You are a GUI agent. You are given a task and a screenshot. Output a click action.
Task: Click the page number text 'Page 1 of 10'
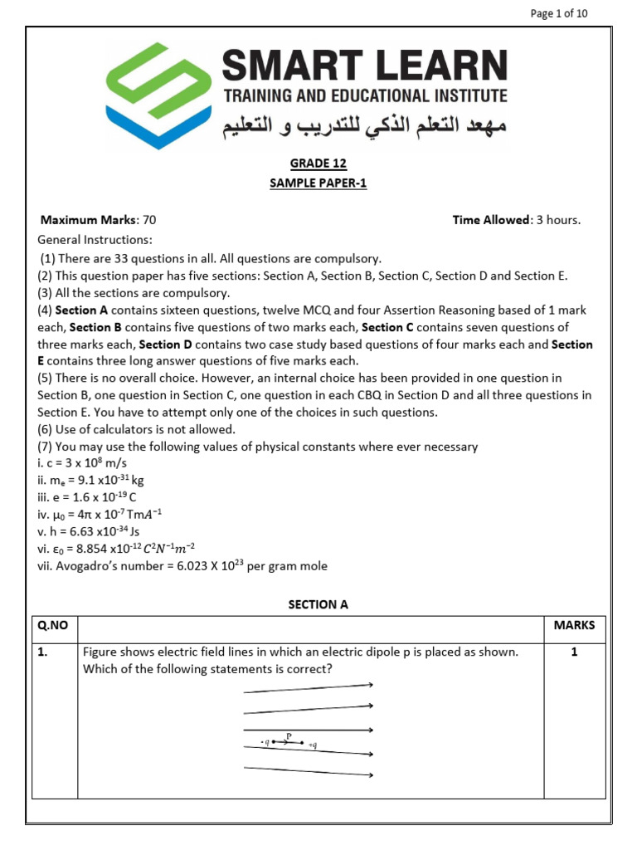(x=557, y=13)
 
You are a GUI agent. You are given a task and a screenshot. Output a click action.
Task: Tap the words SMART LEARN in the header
(x=365, y=65)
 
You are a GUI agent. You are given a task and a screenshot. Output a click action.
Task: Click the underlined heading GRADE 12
(x=318, y=164)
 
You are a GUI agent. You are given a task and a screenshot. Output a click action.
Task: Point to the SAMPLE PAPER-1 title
(x=318, y=183)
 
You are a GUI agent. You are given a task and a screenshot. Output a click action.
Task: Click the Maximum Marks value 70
(x=149, y=220)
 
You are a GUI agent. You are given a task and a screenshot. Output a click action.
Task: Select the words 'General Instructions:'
(x=95, y=239)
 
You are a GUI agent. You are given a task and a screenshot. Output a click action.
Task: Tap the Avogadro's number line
(x=182, y=566)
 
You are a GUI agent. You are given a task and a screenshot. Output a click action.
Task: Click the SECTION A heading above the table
(x=318, y=604)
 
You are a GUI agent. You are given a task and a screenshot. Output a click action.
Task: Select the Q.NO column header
(x=55, y=625)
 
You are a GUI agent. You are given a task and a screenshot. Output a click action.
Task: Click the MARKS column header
(x=574, y=625)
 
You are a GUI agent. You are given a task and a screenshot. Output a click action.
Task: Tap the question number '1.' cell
(x=43, y=652)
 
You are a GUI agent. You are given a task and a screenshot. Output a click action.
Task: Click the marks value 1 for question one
(x=574, y=652)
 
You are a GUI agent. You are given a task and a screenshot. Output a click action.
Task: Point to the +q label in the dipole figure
(x=313, y=745)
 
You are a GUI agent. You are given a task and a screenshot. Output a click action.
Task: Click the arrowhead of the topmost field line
(x=371, y=685)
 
